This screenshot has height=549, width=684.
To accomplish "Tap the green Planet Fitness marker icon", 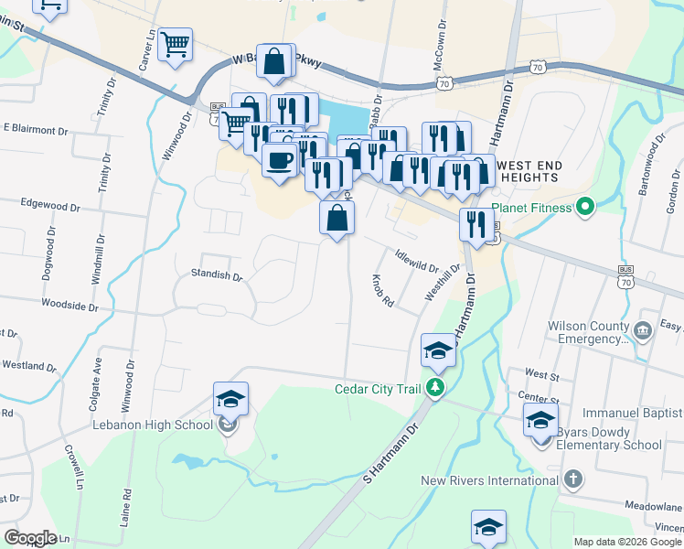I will (x=583, y=208).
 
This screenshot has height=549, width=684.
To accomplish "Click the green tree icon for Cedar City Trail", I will (x=437, y=388).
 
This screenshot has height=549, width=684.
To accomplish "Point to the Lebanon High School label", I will (x=152, y=424).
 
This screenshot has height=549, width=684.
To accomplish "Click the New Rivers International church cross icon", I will (x=572, y=479).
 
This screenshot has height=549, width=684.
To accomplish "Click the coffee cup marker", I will (x=279, y=158).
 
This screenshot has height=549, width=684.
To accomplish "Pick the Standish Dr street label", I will (x=216, y=274).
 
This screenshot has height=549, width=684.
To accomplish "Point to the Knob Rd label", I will (x=382, y=290).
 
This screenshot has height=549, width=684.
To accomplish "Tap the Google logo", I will (x=31, y=538).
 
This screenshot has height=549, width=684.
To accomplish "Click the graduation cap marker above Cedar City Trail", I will (x=438, y=349).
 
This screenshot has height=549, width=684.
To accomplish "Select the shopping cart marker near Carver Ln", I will (x=175, y=43).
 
